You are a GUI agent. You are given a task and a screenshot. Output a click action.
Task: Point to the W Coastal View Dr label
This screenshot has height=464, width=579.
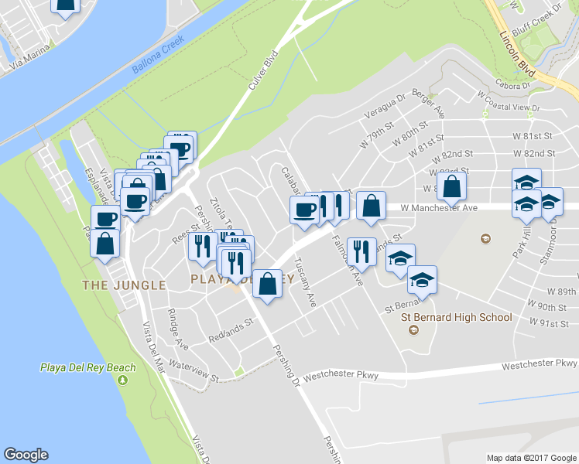pos(508,101)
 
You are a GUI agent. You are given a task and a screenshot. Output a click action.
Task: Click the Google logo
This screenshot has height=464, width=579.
pos(26,455)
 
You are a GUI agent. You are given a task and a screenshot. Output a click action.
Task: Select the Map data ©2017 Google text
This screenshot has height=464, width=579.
pos(531,457)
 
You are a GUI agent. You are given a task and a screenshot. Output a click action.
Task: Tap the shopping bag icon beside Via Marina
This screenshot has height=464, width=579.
pos(66,6)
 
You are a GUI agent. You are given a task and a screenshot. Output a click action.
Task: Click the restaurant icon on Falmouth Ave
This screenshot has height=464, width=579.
pos(361,251)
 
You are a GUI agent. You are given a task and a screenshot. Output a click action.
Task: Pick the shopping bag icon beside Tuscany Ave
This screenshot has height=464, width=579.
pos(267,282)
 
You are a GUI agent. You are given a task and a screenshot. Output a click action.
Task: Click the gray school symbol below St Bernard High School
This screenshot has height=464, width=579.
pos(413,330)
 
